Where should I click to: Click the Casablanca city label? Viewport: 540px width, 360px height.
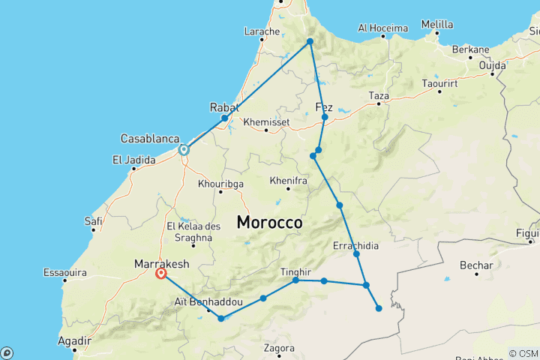point(150,139)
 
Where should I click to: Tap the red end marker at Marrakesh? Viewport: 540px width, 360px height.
point(161,274)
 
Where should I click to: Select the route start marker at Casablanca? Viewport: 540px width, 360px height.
point(183,150)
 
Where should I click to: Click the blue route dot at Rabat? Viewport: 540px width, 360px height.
point(224,118)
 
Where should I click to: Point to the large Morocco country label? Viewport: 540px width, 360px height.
point(269,223)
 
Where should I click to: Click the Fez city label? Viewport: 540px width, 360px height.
point(324,106)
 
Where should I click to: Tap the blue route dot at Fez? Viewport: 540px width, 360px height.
point(325,118)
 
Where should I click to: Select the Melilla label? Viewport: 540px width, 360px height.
point(436,24)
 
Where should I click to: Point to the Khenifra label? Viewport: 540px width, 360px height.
point(287,181)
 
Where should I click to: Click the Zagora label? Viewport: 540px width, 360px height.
point(279,348)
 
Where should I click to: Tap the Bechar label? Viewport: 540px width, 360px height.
point(477,265)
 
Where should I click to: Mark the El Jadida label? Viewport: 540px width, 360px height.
point(133,160)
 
